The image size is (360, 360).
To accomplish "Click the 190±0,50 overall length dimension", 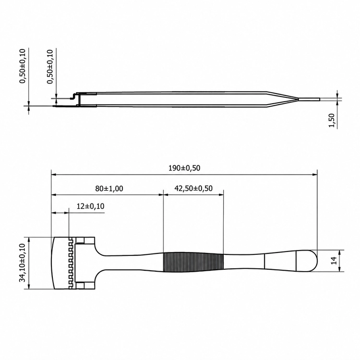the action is tap(184, 168).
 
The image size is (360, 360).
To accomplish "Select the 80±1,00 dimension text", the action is tap(109, 189).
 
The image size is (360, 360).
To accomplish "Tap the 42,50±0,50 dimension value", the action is tap(193, 189).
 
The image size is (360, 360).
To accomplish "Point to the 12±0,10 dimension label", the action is tap(90, 206).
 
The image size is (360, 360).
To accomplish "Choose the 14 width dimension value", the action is tap(334, 260).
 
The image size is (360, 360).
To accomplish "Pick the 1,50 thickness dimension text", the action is tap(332, 120).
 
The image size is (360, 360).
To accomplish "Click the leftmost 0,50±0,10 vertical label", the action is tap(23, 66).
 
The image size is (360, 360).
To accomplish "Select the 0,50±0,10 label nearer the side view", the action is tap(50, 67).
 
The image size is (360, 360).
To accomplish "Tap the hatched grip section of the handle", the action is tap(193, 262).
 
